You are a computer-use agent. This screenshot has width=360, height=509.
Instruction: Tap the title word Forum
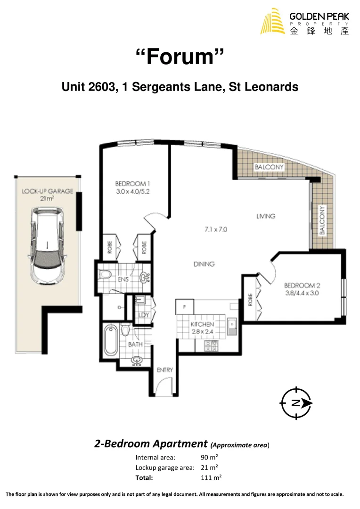pyautogui.click(x=180, y=57)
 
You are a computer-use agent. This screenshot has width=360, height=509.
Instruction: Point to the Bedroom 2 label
pyautogui.click(x=303, y=289)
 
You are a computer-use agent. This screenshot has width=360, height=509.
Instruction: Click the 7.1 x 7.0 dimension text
pyautogui.click(x=216, y=230)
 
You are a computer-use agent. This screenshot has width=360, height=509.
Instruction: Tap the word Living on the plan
pyautogui.click(x=266, y=216)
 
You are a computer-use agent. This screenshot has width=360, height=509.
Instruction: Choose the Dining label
pyautogui.click(x=204, y=264)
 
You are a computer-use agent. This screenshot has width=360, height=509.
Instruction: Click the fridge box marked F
pyautogui.click(x=185, y=307)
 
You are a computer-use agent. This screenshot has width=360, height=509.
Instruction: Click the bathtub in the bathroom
pyautogui.click(x=110, y=340)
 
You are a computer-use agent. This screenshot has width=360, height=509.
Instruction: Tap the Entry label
pyautogui.click(x=165, y=370)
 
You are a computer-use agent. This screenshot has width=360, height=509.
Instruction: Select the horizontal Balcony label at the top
pyautogui.click(x=269, y=167)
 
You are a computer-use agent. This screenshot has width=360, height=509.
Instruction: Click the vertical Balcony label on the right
pyautogui.click(x=323, y=220)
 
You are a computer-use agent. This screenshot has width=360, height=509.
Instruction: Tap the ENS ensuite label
pyautogui.click(x=123, y=279)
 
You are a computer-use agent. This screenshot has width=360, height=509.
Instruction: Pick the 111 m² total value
pyautogui.click(x=211, y=477)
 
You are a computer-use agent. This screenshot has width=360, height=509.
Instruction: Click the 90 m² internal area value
pyautogui.click(x=209, y=457)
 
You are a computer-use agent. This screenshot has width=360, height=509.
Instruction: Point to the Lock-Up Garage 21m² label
pyautogui.click(x=47, y=195)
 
